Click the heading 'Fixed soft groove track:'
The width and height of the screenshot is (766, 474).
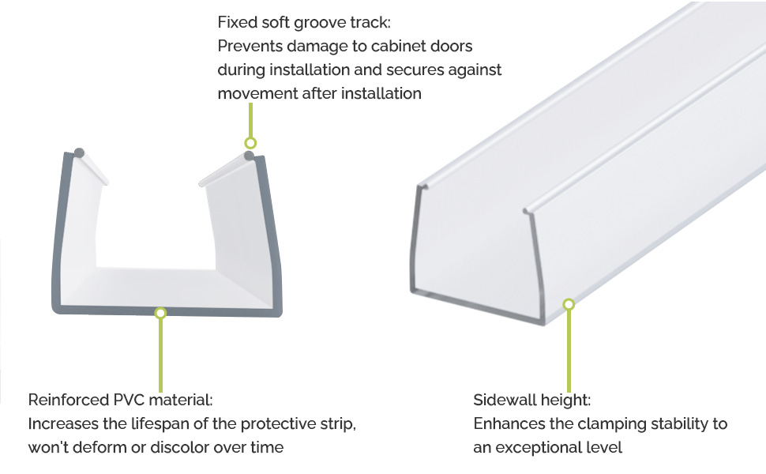pos(304,22)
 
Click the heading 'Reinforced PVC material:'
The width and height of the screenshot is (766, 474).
pos(120,400)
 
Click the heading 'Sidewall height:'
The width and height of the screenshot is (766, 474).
pos(532,401)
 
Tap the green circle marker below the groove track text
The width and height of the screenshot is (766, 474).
pos(250,143)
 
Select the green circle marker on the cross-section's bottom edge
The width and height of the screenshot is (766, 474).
pos(160,313)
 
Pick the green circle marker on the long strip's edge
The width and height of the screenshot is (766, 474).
pos(568,304)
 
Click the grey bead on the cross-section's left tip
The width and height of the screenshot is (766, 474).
pos(79,152)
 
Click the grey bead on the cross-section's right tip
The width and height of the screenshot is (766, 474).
pos(249,156)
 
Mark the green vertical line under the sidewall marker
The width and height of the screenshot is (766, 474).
pos(568,352)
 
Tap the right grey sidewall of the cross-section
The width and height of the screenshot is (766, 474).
pos(271,235)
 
